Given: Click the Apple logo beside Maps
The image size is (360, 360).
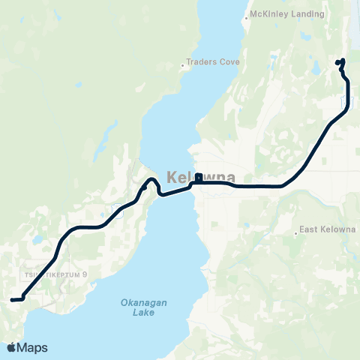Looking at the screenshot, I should click(x=11, y=347).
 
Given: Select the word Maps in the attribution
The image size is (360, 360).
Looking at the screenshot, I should click(x=32, y=347).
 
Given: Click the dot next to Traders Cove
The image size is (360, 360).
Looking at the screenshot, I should click(x=183, y=64).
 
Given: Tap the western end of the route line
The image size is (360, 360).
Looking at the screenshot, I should click(x=12, y=300).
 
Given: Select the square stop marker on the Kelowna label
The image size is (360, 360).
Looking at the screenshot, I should click(x=198, y=178).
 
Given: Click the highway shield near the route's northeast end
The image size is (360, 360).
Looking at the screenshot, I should click(x=346, y=100).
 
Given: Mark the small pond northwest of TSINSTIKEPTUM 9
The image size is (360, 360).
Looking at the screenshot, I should click(x=36, y=241).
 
